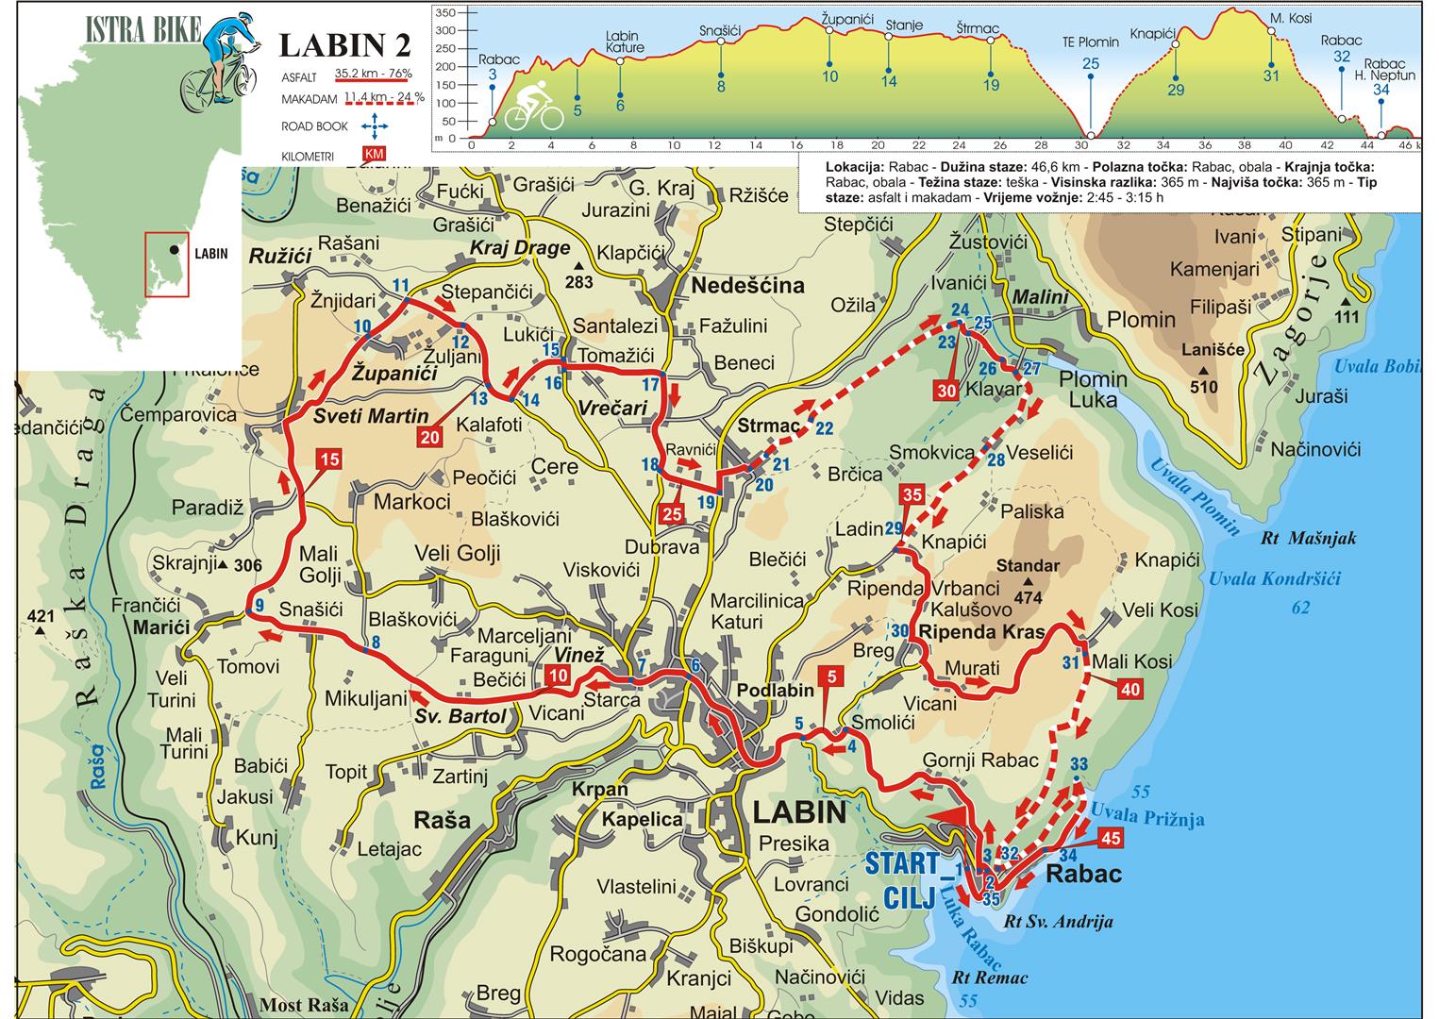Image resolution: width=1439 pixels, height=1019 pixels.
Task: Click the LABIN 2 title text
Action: pyautogui.click(x=345, y=45)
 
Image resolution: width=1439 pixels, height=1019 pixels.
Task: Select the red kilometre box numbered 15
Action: pyautogui.click(x=328, y=460)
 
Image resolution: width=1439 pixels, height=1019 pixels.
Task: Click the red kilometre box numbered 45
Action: pyautogui.click(x=1110, y=838)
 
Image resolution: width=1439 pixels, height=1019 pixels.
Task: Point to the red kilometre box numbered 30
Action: pyautogui.click(x=948, y=390)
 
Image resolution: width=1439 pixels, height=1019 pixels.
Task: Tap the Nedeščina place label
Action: pyautogui.click(x=747, y=285)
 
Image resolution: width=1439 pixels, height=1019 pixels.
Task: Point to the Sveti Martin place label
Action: pyautogui.click(x=371, y=416)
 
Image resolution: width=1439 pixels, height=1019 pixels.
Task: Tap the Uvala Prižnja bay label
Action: pyautogui.click(x=1146, y=814)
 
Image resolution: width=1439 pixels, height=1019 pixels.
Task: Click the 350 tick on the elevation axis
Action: pyautogui.click(x=445, y=13)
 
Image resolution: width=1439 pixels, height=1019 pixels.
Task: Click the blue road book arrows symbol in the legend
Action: pyautogui.click(x=375, y=125)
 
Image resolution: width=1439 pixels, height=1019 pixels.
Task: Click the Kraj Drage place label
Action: pyautogui.click(x=520, y=248)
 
